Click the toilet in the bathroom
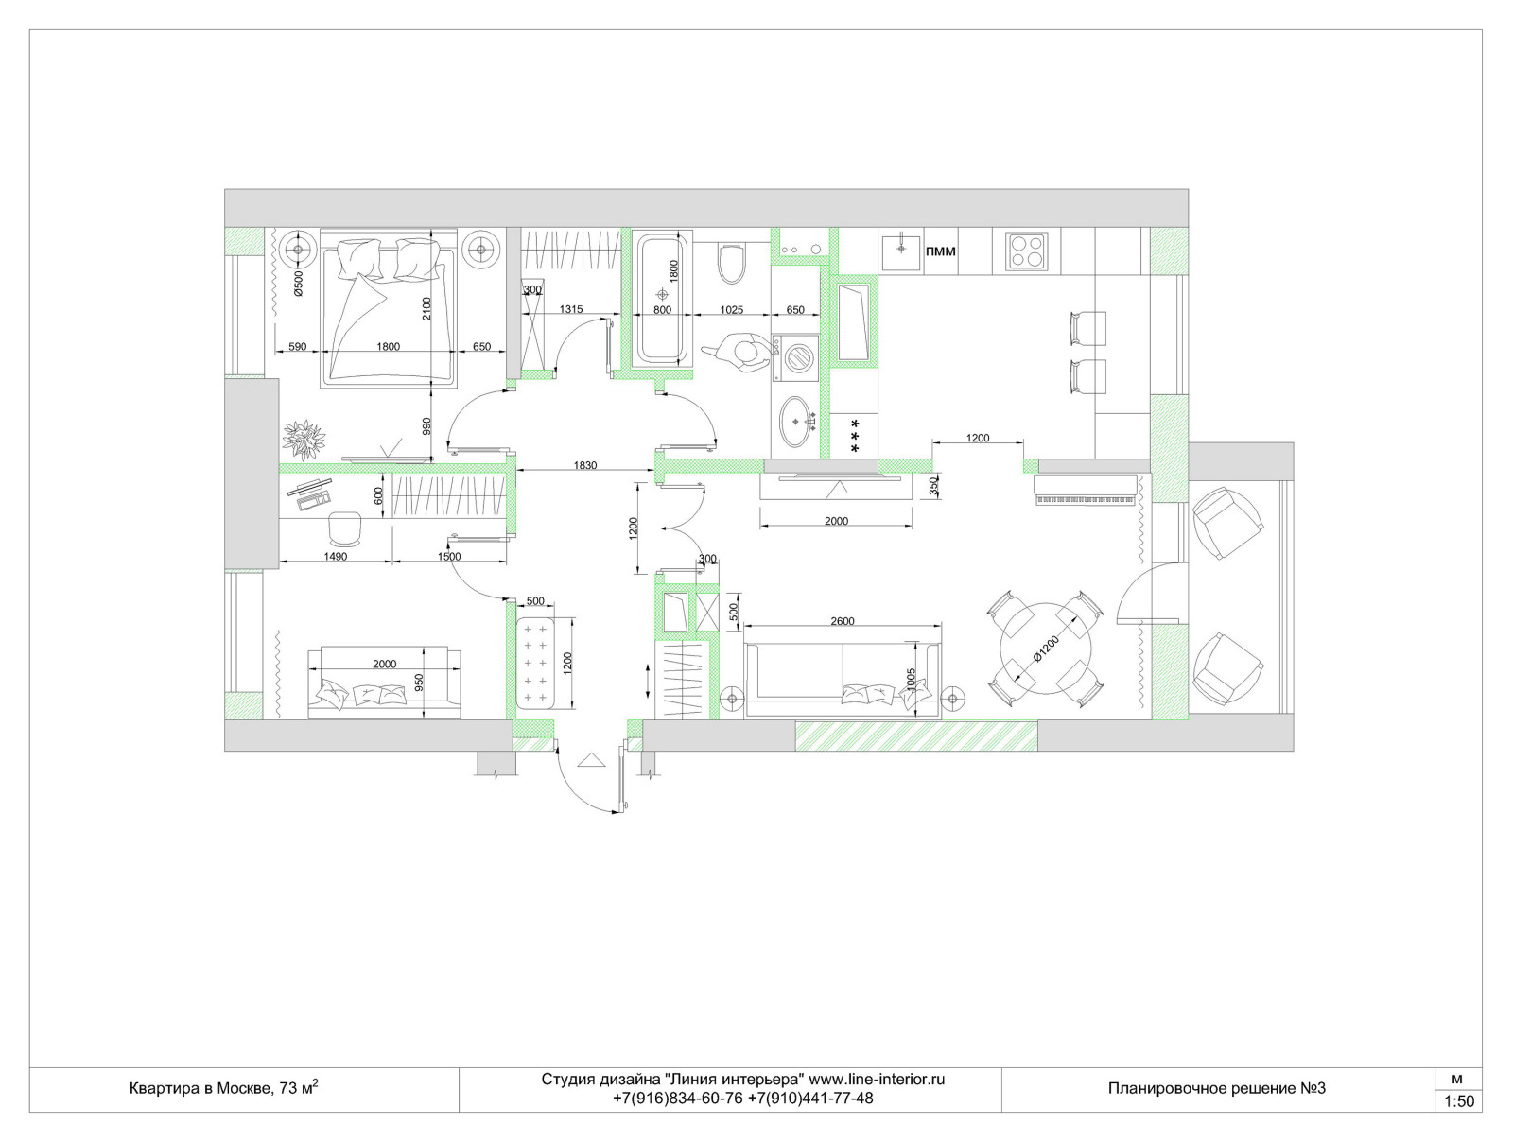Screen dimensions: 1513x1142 [731, 263]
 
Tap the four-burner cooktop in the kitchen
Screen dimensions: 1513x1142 [1026, 251]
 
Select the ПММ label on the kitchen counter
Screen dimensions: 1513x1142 [940, 251]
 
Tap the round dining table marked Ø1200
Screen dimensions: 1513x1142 [1046, 649]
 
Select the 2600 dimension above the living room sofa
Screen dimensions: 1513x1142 [842, 621]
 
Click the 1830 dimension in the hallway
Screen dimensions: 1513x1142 [584, 466]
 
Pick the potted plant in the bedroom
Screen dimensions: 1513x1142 [303, 439]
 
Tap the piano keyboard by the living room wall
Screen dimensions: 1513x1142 [1085, 490]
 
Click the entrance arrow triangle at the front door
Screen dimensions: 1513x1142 [590, 760]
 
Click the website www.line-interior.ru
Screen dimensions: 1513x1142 [876, 1080]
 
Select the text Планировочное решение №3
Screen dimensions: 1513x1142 [1217, 1088]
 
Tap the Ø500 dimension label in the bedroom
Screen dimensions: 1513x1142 [298, 284]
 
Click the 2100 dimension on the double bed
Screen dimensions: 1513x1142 [426, 308]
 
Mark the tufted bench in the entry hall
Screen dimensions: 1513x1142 [535, 664]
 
